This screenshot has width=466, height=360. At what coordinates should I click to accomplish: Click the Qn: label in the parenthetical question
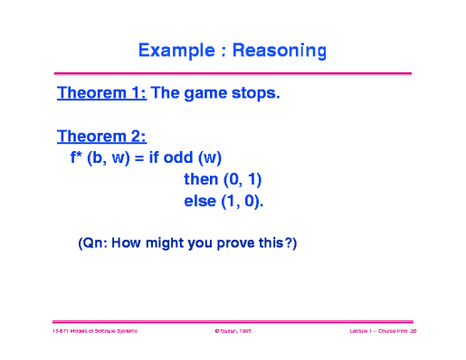tap(94, 243)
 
